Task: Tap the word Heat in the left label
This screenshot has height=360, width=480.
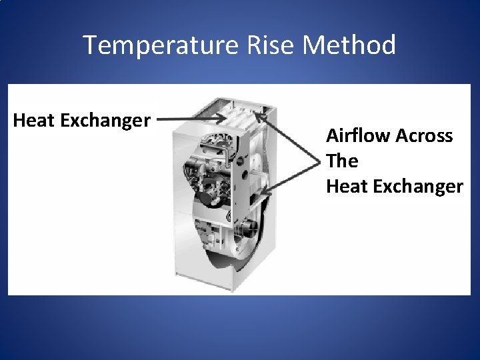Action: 34,121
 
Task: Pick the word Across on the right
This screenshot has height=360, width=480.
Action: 425,136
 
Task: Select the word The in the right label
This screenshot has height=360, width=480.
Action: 342,161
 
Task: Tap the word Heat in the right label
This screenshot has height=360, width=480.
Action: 346,186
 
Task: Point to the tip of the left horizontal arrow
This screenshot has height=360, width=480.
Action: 225,119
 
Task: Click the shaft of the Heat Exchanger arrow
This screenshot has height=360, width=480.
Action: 190,119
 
